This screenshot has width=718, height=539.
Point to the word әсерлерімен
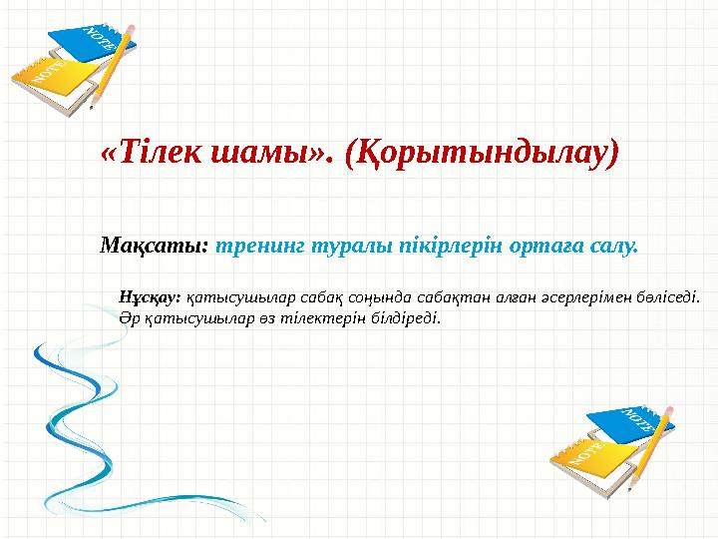[x=586, y=296]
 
